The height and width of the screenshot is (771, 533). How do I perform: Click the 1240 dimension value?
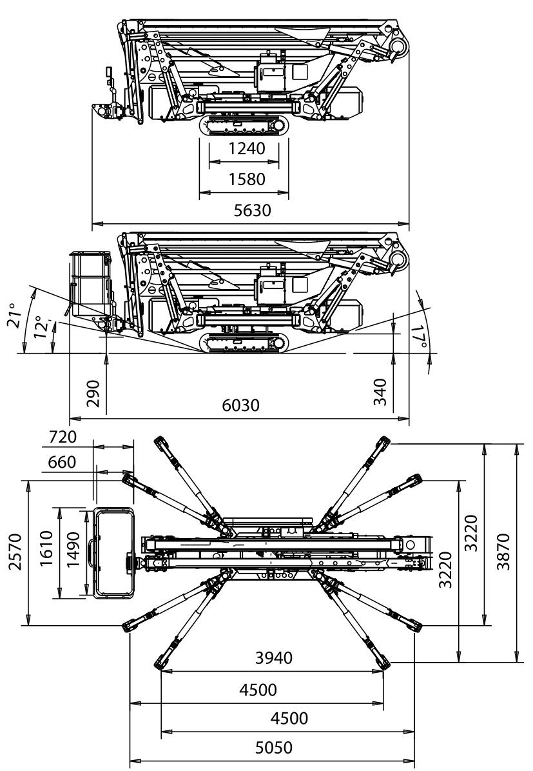coord(247,149)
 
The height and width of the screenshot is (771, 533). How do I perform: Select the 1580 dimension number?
coord(247,179)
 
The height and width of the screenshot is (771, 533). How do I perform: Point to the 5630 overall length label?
coord(252,211)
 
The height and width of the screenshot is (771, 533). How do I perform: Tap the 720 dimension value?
coord(62,437)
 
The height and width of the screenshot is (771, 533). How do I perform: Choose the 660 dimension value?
coord(62,462)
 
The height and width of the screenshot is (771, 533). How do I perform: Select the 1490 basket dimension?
coord(72,552)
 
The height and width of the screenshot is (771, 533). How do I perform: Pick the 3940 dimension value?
coord(273,658)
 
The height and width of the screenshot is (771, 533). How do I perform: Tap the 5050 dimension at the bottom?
coord(273,748)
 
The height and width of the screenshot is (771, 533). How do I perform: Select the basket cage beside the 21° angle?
coord(88,284)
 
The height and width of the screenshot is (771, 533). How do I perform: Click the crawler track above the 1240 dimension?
coord(243,126)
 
